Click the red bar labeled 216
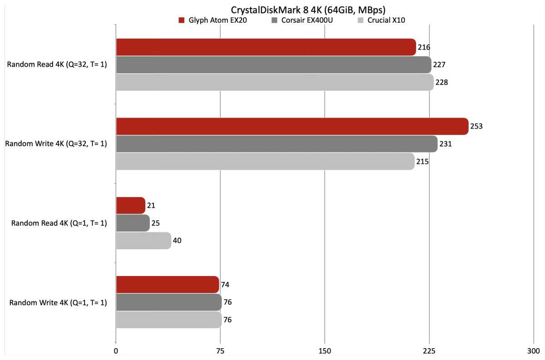tap(266, 47)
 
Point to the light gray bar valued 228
tap(274, 82)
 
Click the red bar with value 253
tap(292, 126)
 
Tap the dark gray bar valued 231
tap(277, 144)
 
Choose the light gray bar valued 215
tap(265, 161)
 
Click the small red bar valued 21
tap(130, 206)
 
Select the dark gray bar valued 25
tap(133, 223)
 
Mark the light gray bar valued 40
tap(144, 241)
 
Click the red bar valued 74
tap(168, 285)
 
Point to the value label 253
tap(476, 126)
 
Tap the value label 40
tap(177, 241)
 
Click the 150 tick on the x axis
tap(325, 351)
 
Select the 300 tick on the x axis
tap(533, 351)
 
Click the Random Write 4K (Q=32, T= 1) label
tap(56, 144)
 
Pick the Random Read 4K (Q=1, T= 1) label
tap(59, 223)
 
